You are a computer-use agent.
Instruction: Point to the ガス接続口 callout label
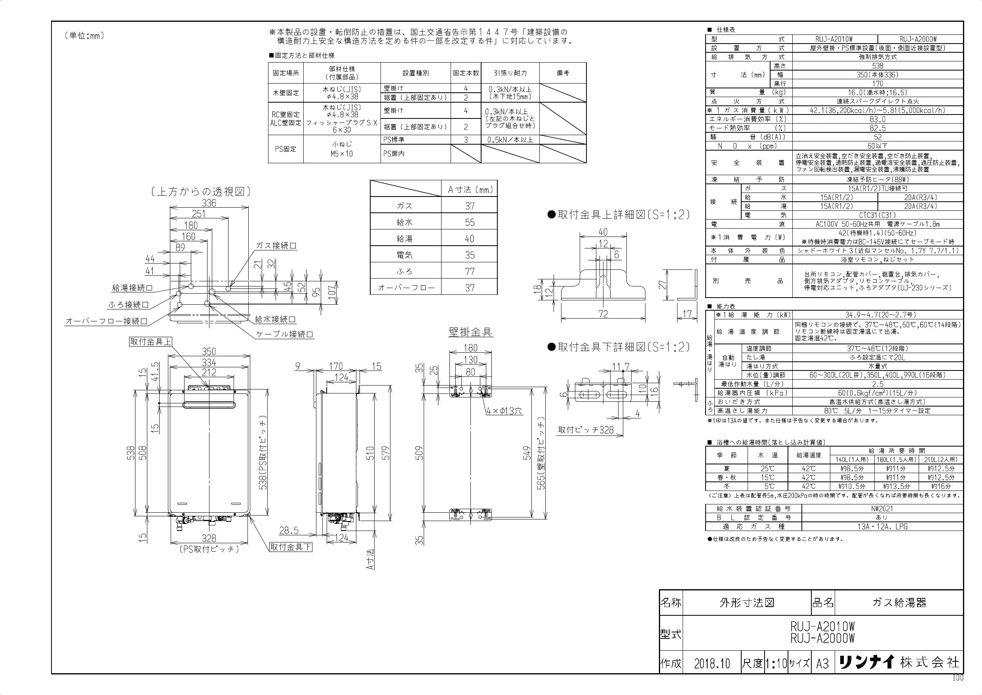tap(276, 246)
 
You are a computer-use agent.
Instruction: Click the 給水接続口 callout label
tap(275, 319)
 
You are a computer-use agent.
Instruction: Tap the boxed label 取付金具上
tap(150, 342)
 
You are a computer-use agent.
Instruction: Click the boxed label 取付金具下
tap(290, 547)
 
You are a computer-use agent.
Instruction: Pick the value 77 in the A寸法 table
tap(470, 271)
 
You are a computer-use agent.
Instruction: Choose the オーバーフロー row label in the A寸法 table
tap(406, 288)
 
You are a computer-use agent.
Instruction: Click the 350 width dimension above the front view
tap(209, 351)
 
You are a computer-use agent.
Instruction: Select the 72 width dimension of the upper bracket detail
tap(603, 314)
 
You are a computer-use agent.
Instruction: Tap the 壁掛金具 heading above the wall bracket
tap(470, 332)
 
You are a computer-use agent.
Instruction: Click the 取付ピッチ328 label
tap(586, 430)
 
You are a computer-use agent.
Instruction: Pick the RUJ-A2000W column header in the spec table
tap(920, 39)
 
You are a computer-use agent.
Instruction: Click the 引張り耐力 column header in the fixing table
tap(510, 73)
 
